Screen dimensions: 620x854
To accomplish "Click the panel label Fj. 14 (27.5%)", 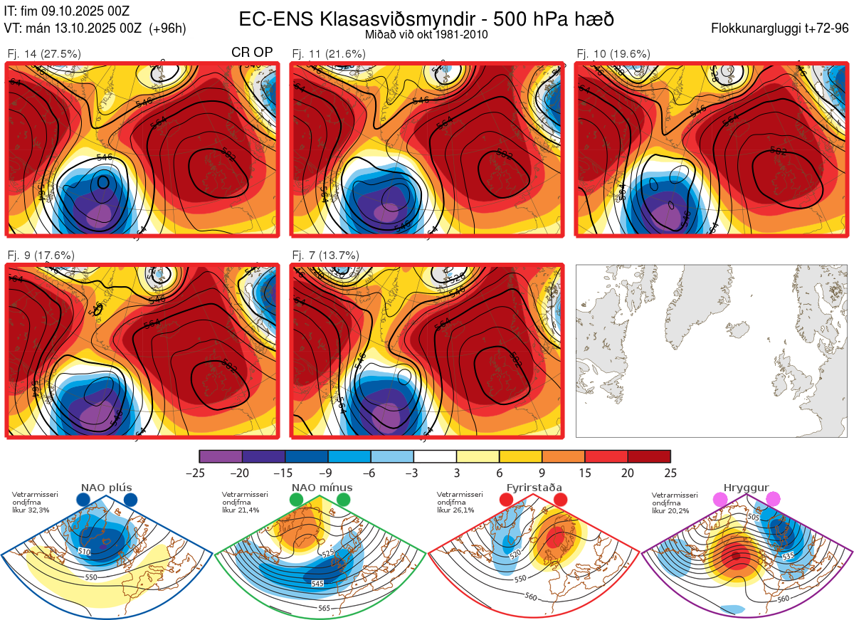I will pyautogui.click(x=43, y=53).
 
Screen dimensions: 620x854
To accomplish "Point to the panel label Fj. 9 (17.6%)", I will pyautogui.click(x=41, y=255).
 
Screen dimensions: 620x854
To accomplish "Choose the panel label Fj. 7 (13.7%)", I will pyautogui.click(x=325, y=255).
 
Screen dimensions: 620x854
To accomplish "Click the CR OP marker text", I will pyautogui.click(x=252, y=53).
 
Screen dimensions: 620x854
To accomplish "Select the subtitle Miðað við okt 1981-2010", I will pyautogui.click(x=426, y=34).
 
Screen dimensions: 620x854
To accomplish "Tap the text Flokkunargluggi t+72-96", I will pyautogui.click(x=781, y=28).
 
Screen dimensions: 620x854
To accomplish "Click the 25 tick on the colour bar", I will pyautogui.click(x=670, y=473).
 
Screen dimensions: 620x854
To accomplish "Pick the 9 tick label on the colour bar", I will pyautogui.click(x=542, y=473).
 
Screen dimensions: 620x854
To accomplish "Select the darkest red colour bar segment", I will pyautogui.click(x=648, y=456).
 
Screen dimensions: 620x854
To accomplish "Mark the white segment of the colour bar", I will pyautogui.click(x=435, y=456).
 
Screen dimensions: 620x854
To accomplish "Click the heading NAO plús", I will pyautogui.click(x=107, y=488).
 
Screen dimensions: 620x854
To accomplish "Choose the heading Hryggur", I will pyautogui.click(x=747, y=488).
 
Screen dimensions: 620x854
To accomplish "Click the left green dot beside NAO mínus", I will pyautogui.click(x=296, y=500).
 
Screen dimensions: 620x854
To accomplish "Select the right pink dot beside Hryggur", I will pyautogui.click(x=773, y=500).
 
